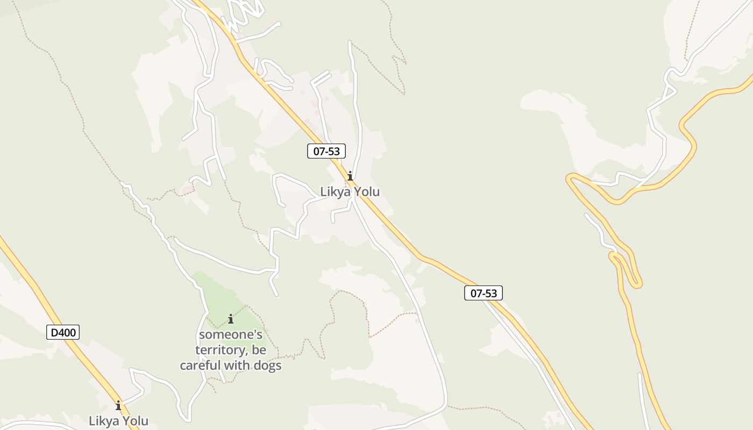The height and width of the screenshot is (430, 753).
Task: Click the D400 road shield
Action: pos(63,333)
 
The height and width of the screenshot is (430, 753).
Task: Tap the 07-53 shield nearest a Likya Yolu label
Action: pos(326,151)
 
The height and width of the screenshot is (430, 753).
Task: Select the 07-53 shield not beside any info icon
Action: pos(484,293)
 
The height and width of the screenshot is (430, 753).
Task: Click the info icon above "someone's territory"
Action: pos(231,319)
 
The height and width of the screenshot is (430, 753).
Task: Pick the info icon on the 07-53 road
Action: pos(350,176)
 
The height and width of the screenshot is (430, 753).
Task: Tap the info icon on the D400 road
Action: pos(118,405)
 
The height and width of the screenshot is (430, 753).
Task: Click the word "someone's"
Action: pos(231,334)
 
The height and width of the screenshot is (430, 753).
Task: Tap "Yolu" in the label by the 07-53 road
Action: pos(365,191)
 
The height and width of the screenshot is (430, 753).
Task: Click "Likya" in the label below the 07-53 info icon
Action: pos(335,191)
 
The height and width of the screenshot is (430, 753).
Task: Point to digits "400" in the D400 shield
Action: pos(67,333)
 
